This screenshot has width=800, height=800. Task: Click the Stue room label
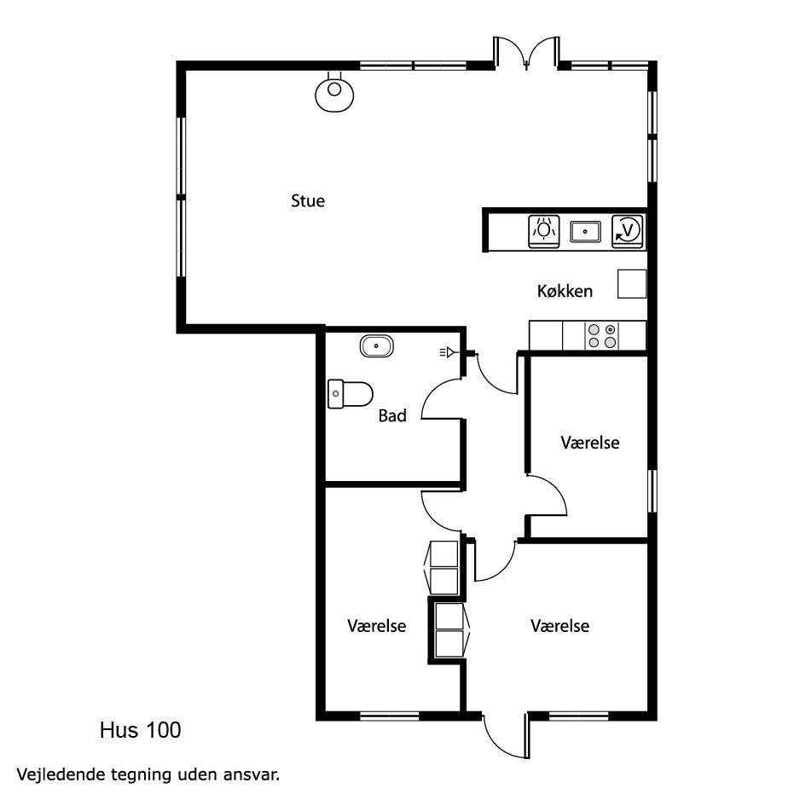pos(308,200)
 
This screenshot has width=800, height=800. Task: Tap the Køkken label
pos(565,291)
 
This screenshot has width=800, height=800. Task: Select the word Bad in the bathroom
pos(392,415)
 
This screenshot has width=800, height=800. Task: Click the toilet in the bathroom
pos(350,394)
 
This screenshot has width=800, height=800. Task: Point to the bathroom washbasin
pos(376,346)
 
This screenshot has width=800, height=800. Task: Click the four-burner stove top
pos(602,336)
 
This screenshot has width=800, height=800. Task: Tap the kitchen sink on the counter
pos(585,231)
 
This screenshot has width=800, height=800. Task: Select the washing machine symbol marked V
pos(628,231)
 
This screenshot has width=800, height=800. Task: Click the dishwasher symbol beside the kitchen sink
pos(544,231)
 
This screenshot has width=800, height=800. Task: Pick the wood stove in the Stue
pos(334,91)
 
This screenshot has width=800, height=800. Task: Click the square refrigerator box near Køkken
pos(632,284)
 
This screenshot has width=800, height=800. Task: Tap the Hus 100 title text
pos(141,730)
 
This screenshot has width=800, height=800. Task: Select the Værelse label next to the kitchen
pos(590,443)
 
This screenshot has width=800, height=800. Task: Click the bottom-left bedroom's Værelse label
pos(376,625)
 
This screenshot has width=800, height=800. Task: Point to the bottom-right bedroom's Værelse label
pos(559,625)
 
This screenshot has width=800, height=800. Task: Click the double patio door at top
pos(526,52)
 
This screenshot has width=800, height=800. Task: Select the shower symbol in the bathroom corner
pos(447,351)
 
